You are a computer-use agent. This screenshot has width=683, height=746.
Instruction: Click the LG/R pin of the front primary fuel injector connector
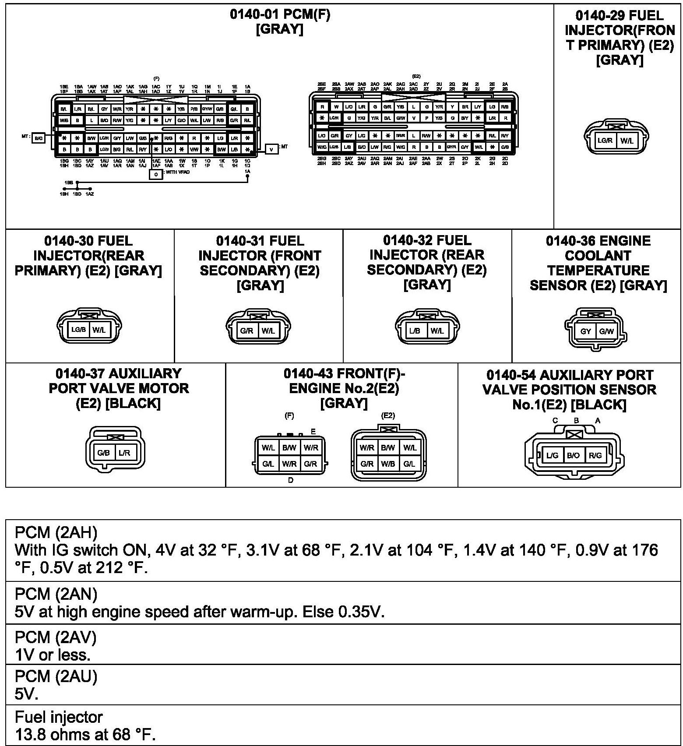click(x=605, y=141)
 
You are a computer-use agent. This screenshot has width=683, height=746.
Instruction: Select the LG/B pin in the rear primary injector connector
click(x=78, y=330)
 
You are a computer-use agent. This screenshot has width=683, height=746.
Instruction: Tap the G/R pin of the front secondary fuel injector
click(x=247, y=331)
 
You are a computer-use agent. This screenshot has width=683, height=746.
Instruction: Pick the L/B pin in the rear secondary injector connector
click(x=415, y=331)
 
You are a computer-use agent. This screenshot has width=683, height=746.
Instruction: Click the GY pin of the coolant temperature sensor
click(x=585, y=331)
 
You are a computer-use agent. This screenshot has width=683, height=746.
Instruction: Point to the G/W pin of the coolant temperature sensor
click(x=606, y=331)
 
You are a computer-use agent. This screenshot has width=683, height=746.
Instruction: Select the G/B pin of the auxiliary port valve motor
click(x=104, y=453)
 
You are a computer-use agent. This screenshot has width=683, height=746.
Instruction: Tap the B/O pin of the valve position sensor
click(x=573, y=455)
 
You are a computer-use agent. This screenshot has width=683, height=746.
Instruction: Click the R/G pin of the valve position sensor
click(x=595, y=455)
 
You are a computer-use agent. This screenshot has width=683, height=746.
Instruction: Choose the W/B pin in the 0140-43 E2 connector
click(x=388, y=464)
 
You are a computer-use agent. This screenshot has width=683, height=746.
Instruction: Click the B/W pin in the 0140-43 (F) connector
click(x=289, y=447)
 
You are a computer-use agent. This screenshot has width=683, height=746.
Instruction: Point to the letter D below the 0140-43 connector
click(x=291, y=480)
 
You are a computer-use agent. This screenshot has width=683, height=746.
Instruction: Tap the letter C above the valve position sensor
click(x=555, y=421)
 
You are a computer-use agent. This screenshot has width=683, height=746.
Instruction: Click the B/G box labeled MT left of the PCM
click(x=39, y=138)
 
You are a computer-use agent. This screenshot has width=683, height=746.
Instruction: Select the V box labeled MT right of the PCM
click(x=271, y=149)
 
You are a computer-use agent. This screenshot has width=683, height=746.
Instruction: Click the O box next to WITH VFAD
click(x=156, y=174)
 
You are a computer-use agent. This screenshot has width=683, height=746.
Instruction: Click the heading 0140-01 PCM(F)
click(x=280, y=15)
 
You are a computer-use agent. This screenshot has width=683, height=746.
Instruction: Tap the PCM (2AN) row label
click(x=56, y=594)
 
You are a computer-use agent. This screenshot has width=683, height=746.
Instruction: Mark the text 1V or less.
click(x=53, y=655)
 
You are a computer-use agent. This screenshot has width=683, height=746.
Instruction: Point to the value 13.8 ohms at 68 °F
click(x=85, y=734)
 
